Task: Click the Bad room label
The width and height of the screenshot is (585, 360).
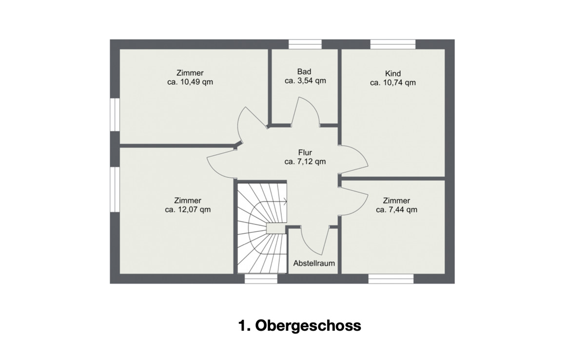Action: [304, 72]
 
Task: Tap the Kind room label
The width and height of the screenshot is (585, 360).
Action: [393, 74]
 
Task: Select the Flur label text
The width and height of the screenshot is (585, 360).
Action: [305, 152]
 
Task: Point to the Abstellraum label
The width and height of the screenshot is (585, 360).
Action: [314, 263]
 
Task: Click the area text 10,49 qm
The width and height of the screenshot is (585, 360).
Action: [196, 82]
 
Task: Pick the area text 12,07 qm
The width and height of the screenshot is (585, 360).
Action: [194, 209]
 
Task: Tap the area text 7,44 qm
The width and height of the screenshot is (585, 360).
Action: [404, 209]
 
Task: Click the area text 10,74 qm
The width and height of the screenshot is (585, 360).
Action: [399, 82]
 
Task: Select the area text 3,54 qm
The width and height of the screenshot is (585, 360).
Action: [312, 81]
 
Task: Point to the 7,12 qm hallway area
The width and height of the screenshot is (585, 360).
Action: [312, 162]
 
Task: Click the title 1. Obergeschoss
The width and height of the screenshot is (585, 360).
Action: [299, 325]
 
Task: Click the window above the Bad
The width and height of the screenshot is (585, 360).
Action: [305, 44]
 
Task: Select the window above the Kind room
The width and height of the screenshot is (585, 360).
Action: [393, 44]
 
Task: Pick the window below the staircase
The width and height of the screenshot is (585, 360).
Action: [261, 279]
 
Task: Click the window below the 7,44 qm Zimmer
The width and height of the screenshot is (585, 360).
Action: [391, 279]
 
